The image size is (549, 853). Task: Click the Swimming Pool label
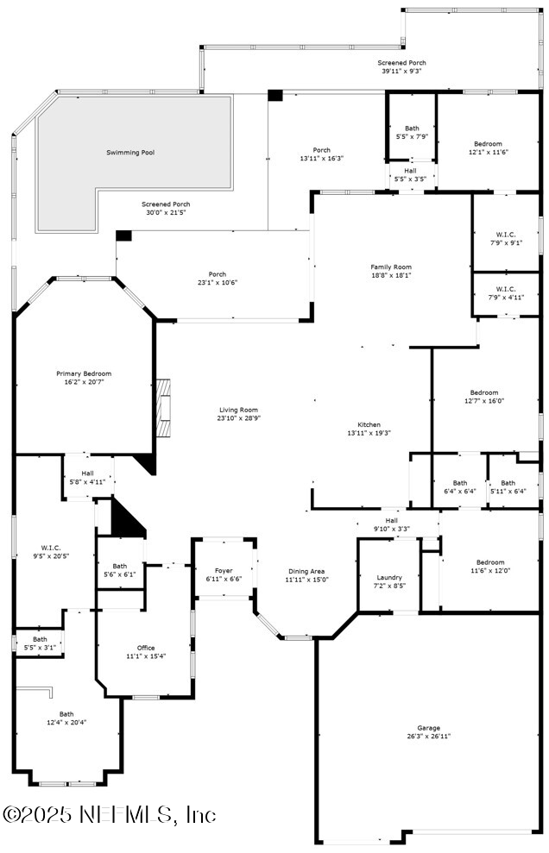tap(130, 153)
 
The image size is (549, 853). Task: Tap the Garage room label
tap(428, 727)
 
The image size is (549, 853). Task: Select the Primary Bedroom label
tap(84, 373)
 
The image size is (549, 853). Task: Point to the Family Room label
tap(390, 267)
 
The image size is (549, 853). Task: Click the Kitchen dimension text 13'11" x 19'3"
tap(369, 433)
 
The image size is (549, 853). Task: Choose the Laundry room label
tap(388, 577)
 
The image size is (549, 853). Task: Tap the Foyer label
tap(223, 569)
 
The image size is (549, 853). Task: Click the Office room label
tap(146, 648)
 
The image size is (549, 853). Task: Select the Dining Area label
tap(306, 571)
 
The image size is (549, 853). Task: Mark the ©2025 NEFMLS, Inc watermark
tap(110, 814)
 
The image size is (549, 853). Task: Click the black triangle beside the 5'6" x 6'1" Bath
tap(126, 520)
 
